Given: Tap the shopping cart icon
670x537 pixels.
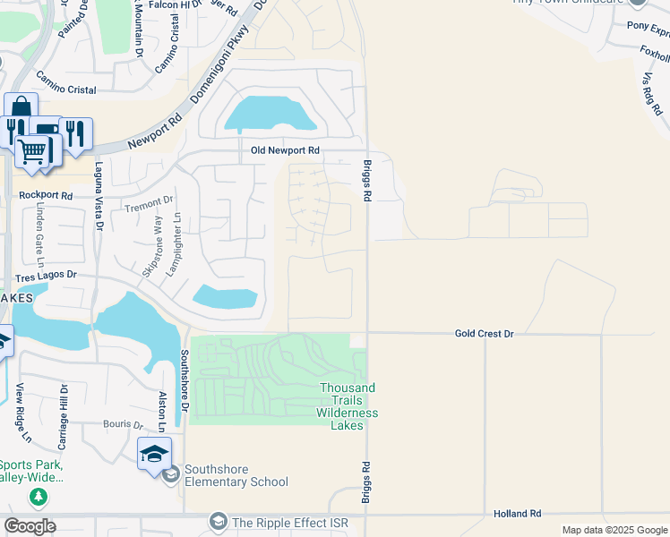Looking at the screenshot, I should [x=33, y=151].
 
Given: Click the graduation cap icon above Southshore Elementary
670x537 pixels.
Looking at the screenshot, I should [x=154, y=454].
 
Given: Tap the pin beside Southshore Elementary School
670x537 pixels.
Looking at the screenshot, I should [x=170, y=473].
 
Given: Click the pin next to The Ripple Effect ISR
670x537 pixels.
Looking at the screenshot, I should [x=218, y=521].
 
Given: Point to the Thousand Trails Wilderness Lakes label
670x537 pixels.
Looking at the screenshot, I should [x=348, y=406].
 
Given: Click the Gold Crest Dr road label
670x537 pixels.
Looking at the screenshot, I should [x=484, y=333].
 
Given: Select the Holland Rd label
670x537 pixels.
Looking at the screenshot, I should [x=518, y=514].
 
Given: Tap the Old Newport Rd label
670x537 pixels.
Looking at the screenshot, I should [x=285, y=151].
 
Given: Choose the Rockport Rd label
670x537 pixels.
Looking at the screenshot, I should [x=44, y=194].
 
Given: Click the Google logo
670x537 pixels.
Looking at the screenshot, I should [x=30, y=526].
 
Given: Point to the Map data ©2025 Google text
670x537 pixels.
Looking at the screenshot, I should [x=614, y=530].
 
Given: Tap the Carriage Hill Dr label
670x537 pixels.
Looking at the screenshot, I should [x=64, y=416].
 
